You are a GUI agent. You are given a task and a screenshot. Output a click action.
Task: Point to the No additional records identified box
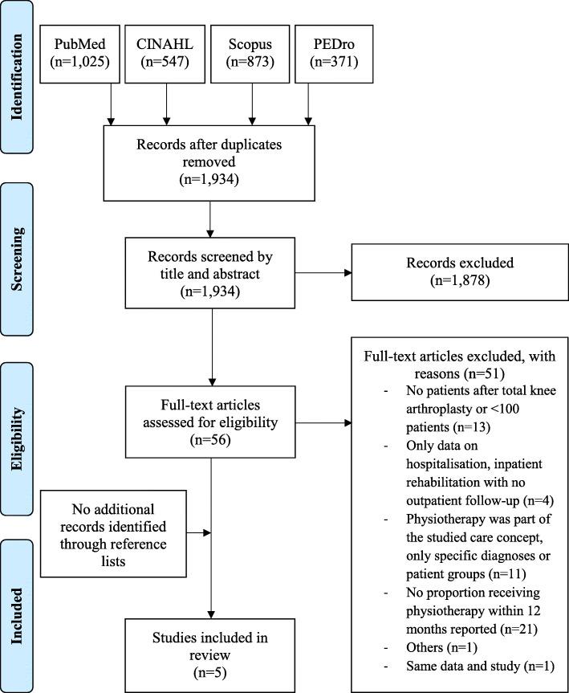[x=120, y=531]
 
